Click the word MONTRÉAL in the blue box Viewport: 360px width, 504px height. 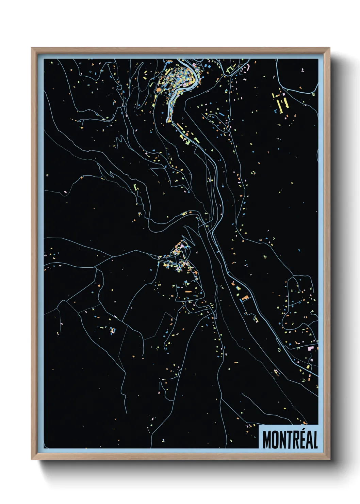pyautogui.click(x=290, y=439)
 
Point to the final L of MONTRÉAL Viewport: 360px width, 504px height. pyautogui.click(x=315, y=440)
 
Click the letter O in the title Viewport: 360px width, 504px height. pyautogui.click(x=275, y=440)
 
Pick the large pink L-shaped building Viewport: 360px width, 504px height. pyautogui.click(x=310, y=348)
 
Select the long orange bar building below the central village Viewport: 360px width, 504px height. pyautogui.click(x=188, y=292)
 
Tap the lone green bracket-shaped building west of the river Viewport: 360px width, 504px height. pyautogui.click(x=135, y=188)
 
